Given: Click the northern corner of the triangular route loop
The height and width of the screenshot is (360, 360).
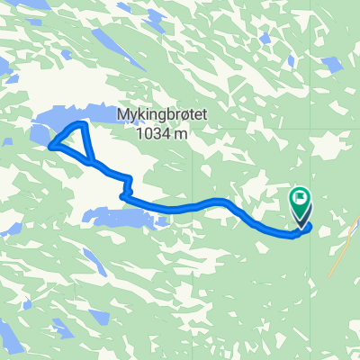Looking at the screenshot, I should [83, 124].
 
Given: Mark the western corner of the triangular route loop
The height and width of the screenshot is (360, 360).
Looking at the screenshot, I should [50, 144].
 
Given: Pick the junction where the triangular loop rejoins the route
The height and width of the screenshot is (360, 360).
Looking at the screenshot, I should [92, 163].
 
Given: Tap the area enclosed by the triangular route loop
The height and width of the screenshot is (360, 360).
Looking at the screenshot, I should [76, 142].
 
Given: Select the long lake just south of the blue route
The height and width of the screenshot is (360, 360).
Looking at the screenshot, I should [117, 217].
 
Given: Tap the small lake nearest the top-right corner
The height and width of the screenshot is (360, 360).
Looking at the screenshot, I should [331, 64].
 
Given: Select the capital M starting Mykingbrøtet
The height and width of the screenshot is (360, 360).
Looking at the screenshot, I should [122, 115].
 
